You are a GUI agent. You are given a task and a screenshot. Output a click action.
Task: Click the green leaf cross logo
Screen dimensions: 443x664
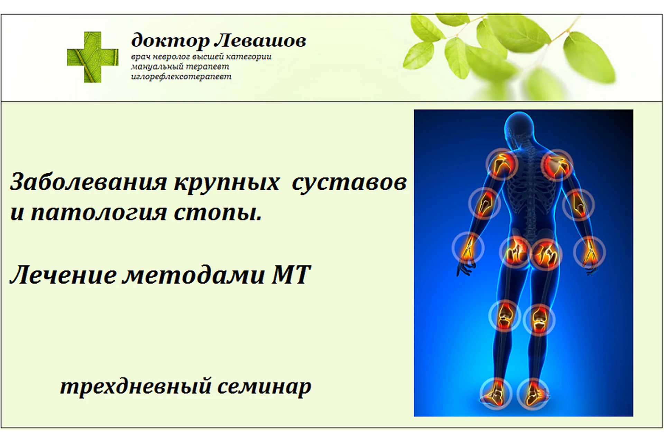click(93, 57)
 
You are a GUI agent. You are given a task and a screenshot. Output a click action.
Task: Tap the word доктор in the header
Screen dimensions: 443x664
click(170, 41)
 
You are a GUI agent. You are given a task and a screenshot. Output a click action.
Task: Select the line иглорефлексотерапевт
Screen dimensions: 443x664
click(181, 76)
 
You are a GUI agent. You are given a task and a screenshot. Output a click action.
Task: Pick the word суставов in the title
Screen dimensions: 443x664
click(349, 182)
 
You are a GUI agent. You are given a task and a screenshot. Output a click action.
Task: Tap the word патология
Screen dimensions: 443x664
click(99, 212)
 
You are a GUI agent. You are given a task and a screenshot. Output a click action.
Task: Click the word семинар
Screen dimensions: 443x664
click(264, 386)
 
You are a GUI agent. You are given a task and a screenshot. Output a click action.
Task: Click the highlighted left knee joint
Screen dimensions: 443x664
click(505, 316)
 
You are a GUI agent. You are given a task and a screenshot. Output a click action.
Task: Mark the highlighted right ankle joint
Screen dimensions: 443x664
click(532, 395)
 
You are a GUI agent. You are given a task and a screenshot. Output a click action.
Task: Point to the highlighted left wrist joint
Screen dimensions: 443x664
click(468, 247)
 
